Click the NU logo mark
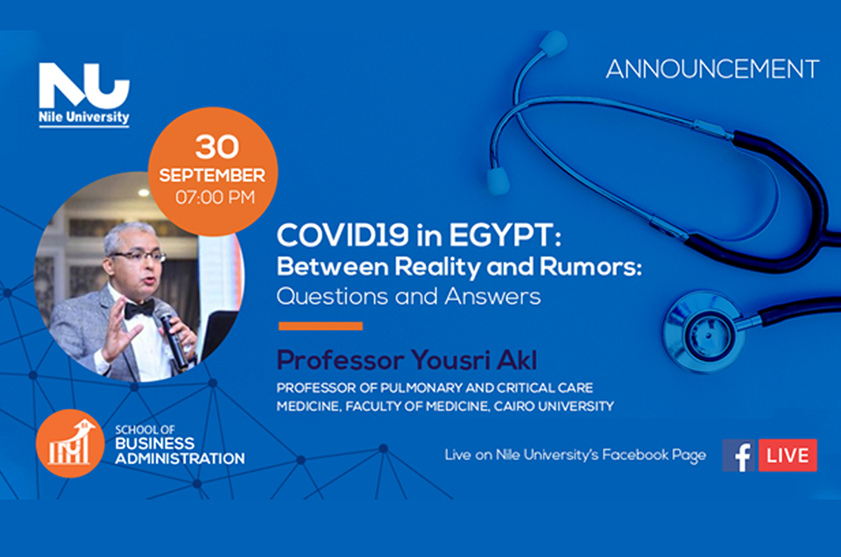click(x=84, y=85)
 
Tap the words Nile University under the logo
click(x=84, y=116)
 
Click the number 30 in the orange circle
click(x=216, y=146)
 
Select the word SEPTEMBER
click(x=212, y=175)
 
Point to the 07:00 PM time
click(x=216, y=197)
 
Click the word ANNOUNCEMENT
click(x=712, y=69)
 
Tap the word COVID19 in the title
click(x=343, y=235)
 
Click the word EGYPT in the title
click(x=505, y=236)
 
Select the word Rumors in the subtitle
click(x=590, y=266)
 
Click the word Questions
click(x=332, y=297)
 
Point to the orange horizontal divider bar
click(x=321, y=326)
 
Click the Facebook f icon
click(x=738, y=455)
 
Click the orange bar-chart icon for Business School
click(x=70, y=443)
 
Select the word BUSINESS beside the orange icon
click(x=155, y=443)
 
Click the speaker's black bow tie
click(x=139, y=309)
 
